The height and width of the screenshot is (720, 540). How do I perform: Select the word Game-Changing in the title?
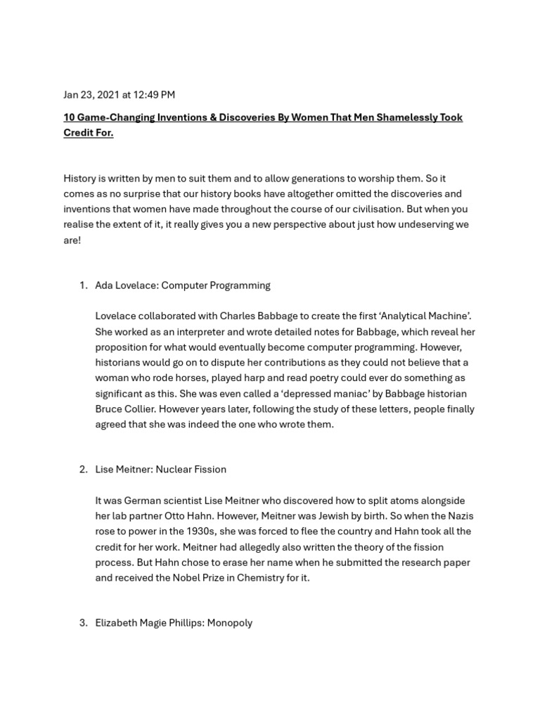(x=112, y=117)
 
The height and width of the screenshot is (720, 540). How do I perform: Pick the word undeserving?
(x=423, y=225)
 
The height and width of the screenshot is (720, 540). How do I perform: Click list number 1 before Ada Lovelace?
(x=83, y=285)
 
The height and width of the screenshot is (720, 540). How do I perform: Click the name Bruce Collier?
(x=127, y=409)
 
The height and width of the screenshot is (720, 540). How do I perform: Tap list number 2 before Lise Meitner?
(x=83, y=470)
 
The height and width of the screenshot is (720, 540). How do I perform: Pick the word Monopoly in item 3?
(x=229, y=623)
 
